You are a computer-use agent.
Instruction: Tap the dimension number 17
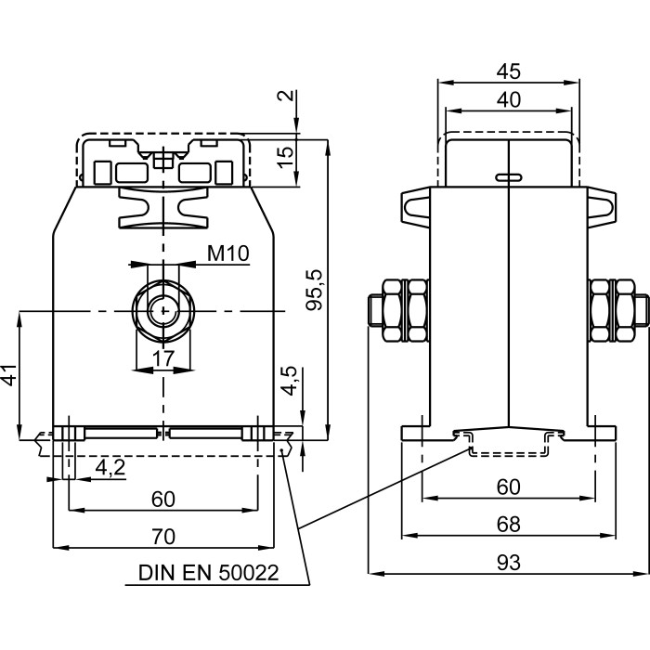[163, 358]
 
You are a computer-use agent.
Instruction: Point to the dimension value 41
[9, 376]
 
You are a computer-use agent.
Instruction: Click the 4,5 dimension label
[290, 381]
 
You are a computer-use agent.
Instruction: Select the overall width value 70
[163, 536]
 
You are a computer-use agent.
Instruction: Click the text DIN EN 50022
[208, 573]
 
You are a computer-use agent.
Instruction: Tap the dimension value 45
[508, 71]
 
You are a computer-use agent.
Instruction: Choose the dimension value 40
[508, 99]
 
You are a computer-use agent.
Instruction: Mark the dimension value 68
[508, 525]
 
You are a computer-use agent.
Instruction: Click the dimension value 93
[508, 563]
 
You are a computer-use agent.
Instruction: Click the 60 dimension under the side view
[508, 487]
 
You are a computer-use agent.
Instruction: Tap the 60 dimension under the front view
[163, 499]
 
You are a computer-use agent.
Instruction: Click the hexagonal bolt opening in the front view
[163, 309]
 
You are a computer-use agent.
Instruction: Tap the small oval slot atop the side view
[509, 176]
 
